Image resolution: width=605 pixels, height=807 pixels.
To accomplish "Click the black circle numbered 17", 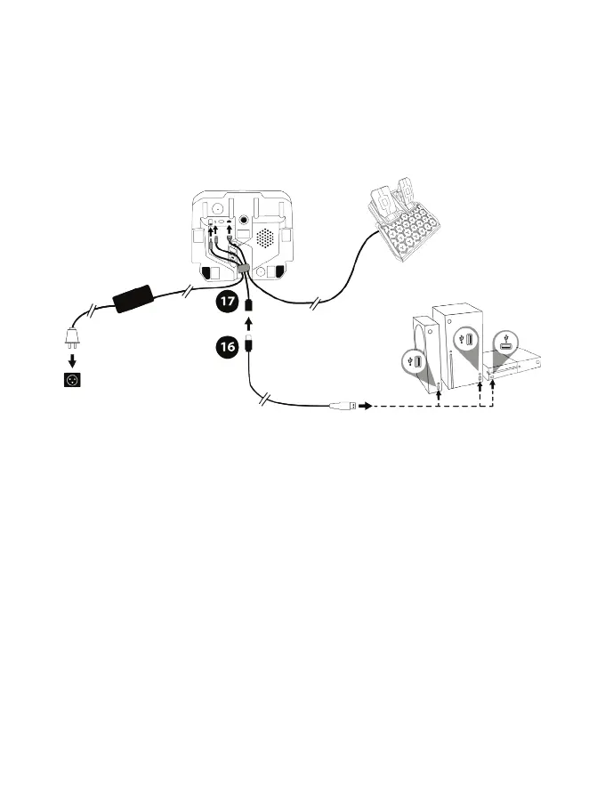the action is (x=227, y=302).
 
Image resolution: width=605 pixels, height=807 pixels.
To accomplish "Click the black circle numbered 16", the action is (x=227, y=347).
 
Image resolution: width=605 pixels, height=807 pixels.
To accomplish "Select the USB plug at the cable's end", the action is (x=342, y=406).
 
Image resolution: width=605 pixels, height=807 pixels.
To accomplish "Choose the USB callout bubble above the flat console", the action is (x=506, y=340).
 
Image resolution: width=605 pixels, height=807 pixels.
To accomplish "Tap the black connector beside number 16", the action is (x=251, y=344).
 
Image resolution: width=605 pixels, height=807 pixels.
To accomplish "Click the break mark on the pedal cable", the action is (x=313, y=305).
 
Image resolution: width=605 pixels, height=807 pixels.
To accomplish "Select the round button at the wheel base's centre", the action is (x=243, y=216).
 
